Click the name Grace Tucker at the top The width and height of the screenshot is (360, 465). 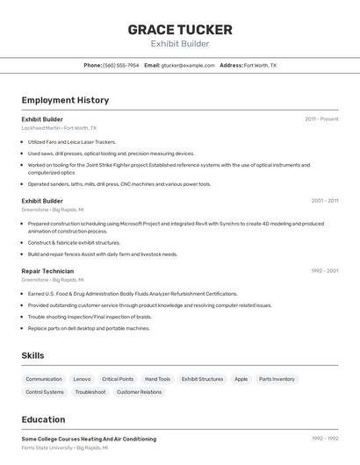180,29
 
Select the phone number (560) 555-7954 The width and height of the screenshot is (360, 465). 121,65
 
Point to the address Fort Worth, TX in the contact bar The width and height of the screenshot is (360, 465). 260,65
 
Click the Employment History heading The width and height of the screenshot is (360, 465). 65,100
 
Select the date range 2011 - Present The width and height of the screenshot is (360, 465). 321,118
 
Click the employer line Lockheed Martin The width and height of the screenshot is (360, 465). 59,127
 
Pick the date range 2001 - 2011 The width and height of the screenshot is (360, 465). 324,201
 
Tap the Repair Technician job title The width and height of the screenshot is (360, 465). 47,271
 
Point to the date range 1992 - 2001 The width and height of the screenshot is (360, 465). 324,271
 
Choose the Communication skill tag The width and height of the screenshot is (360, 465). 44,379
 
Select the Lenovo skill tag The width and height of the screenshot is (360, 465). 82,379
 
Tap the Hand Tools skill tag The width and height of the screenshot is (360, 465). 158,379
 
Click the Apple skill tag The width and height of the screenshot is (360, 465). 241,379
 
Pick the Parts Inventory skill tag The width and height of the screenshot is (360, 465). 277,379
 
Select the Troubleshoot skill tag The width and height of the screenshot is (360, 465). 90,392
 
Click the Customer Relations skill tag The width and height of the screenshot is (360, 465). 140,392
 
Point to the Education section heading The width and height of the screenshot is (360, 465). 43,419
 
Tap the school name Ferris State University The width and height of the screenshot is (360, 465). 47,447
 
